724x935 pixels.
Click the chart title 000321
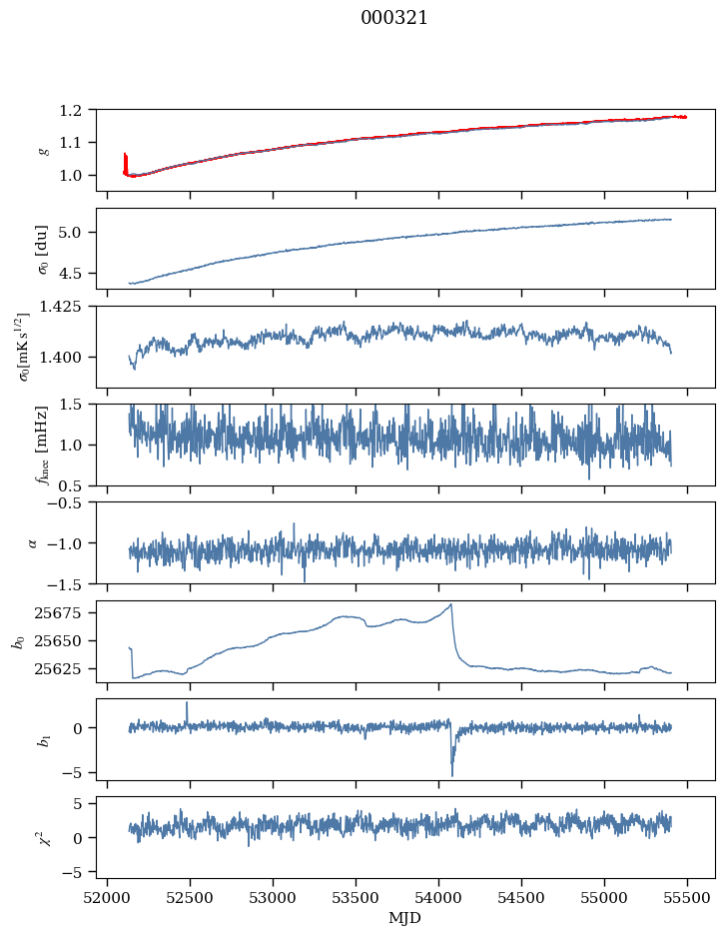394,18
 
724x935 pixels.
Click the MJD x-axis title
405,917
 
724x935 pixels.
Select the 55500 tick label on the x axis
687,896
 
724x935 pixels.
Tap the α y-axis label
33,542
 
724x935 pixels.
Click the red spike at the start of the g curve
125,160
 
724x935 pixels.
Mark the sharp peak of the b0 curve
451,604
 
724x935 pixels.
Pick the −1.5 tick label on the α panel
74,583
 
